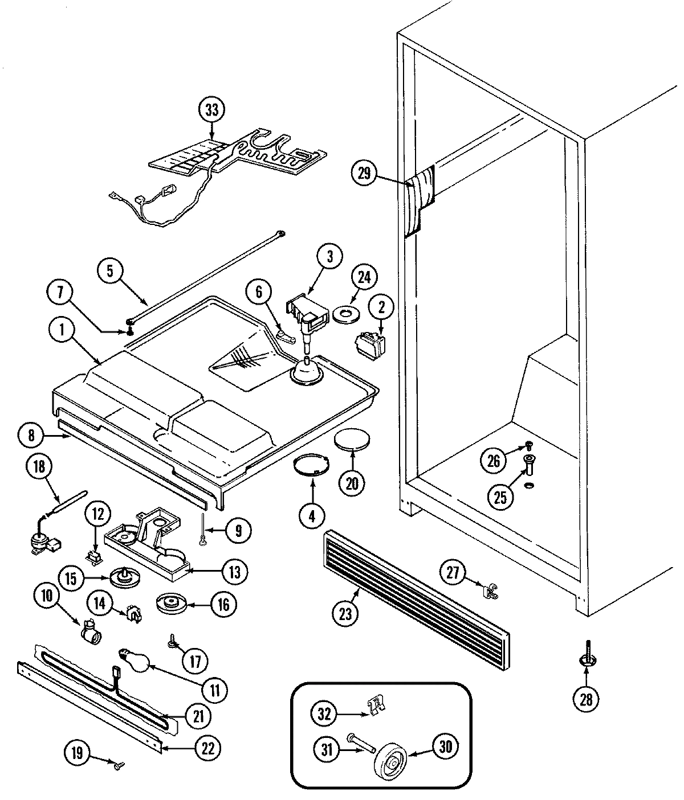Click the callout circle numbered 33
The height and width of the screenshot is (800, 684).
211,110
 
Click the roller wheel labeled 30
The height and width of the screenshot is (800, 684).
390,759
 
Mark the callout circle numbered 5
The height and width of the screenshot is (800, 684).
111,272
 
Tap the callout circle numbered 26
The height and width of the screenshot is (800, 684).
494,460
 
